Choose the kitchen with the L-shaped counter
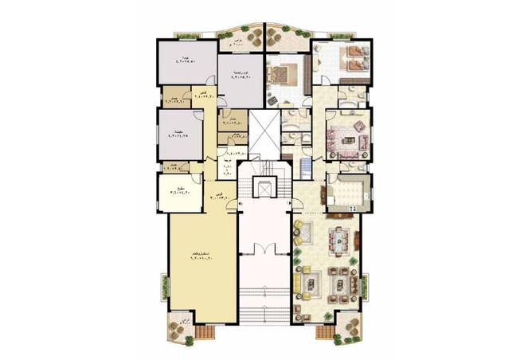coord(348,193)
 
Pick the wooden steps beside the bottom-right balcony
coord(327,333)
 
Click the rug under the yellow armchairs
coord(310,282)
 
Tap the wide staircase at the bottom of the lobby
coord(263,307)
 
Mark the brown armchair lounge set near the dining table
coord(343,280)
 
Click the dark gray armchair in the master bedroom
coord(273,99)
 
